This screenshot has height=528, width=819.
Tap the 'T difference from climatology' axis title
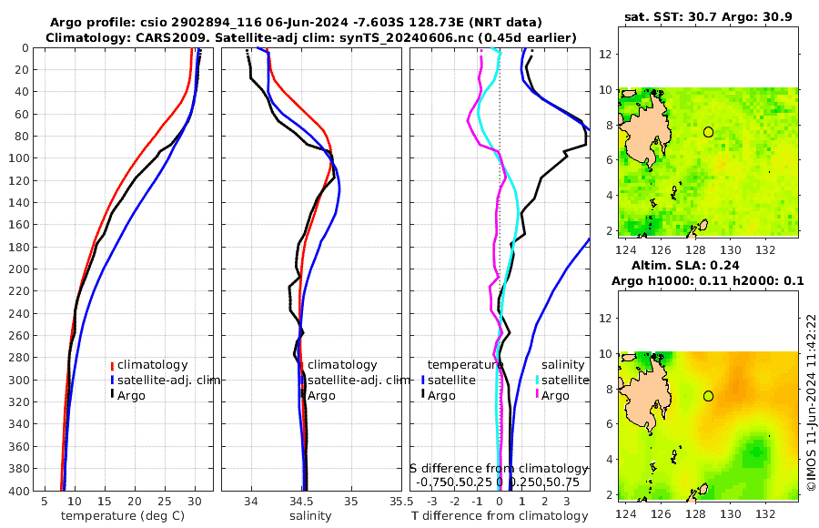click(500, 516)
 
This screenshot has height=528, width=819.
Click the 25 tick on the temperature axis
click(165, 502)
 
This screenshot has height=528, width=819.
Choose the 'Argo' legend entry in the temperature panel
click(131, 395)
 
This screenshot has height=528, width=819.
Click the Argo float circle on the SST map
click(708, 132)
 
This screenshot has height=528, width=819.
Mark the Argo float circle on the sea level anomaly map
click(708, 396)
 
